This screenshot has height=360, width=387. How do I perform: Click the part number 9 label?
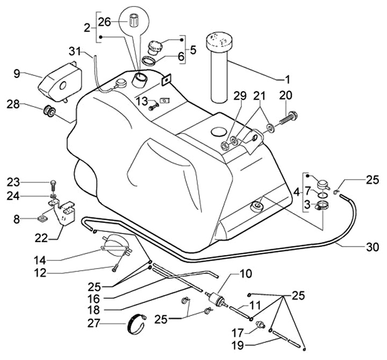[17, 74]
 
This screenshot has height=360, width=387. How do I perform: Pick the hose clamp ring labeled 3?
[322, 206]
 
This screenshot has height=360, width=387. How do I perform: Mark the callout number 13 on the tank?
[141, 101]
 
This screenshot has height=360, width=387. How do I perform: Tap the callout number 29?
[225, 96]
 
